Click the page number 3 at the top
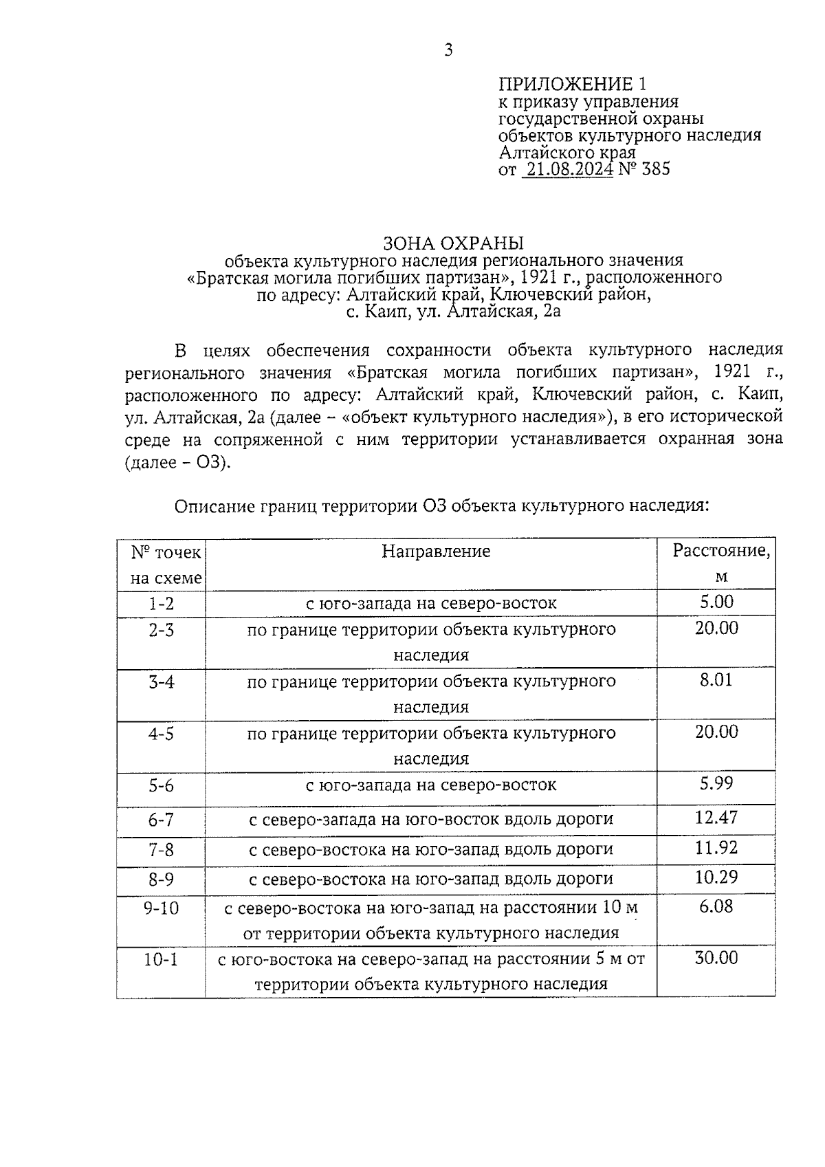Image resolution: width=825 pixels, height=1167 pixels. click(x=448, y=50)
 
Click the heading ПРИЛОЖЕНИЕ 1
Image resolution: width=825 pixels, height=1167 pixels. click(x=572, y=85)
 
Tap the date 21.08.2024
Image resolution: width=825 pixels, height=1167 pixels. click(x=567, y=169)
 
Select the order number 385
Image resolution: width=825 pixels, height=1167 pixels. click(x=655, y=169)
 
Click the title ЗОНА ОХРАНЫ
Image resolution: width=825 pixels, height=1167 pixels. click(x=453, y=243)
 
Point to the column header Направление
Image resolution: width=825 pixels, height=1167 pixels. click(x=436, y=552)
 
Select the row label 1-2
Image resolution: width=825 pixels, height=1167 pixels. click(x=162, y=604)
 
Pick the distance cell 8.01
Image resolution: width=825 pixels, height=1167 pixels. click(x=716, y=680)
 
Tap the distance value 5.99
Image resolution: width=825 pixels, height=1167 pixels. click(x=716, y=783)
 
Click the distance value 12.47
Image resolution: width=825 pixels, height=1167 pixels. click(x=716, y=818)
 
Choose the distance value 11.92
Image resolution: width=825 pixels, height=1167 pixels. click(x=716, y=848)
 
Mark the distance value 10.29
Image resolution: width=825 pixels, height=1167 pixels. click(x=716, y=877)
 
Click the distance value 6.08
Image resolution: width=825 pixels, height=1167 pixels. click(x=716, y=906)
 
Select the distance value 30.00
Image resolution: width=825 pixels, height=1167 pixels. click(x=716, y=958)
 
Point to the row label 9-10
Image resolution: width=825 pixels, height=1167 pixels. click(x=162, y=908)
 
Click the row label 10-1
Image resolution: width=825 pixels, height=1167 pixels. click(x=162, y=960)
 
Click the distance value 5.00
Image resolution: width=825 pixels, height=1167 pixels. click(x=716, y=602)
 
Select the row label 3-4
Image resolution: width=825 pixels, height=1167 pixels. click(x=162, y=682)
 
